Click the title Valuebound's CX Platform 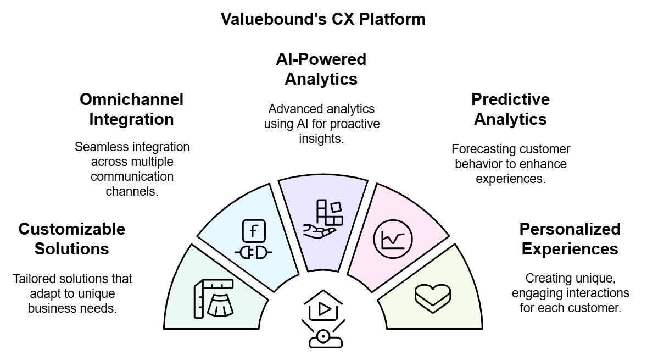pyautogui.click(x=323, y=19)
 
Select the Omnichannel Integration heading pyautogui.click(x=131, y=109)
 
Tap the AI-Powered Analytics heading pyautogui.click(x=321, y=69)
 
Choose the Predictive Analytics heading pyautogui.click(x=510, y=109)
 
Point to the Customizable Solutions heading pyautogui.click(x=72, y=239)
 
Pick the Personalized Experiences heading pyautogui.click(x=570, y=239)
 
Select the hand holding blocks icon pyautogui.click(x=323, y=219)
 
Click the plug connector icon pyautogui.click(x=253, y=253)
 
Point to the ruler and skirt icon pyautogui.click(x=214, y=299)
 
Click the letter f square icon pyautogui.click(x=253, y=231)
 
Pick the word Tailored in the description pyautogui.click(x=33, y=279)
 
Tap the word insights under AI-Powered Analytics pyautogui.click(x=321, y=139)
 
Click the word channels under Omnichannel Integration pyautogui.click(x=131, y=192)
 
